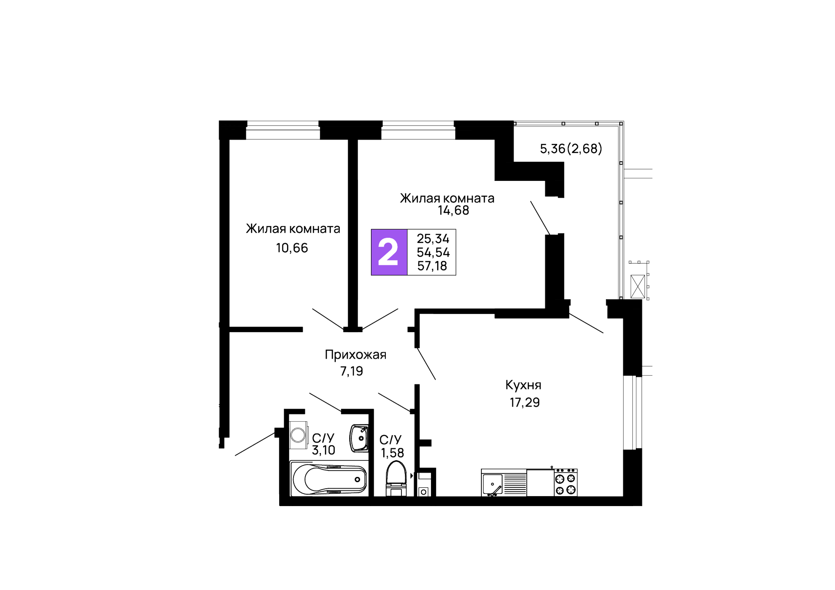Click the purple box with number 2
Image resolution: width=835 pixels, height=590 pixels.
pos(389,252)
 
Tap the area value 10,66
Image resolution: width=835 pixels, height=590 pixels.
pos(292,248)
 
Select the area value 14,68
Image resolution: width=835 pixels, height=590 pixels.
pos(453,211)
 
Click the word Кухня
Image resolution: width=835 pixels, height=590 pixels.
pos(523,385)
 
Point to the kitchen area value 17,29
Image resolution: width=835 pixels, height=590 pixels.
pos(524,403)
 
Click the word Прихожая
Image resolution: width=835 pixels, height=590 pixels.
pos(355,355)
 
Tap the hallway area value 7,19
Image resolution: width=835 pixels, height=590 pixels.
pos(351,371)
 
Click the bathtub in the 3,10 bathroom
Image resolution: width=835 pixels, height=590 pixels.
pos(329,479)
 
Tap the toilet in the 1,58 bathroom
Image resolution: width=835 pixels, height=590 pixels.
pos(396,477)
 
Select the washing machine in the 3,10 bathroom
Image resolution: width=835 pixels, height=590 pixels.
pos(298,435)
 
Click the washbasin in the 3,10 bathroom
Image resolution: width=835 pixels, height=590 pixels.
pos(359,438)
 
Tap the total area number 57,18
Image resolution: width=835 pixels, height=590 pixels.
pos(432,266)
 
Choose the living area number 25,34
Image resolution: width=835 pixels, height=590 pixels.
pos(433,239)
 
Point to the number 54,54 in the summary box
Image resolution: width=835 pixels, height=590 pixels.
pos(433,252)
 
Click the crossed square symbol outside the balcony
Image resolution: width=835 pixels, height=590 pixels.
pos(638,287)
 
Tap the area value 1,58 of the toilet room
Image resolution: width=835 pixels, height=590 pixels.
pos(392,453)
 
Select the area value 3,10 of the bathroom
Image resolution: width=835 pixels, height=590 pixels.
pos(323,450)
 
